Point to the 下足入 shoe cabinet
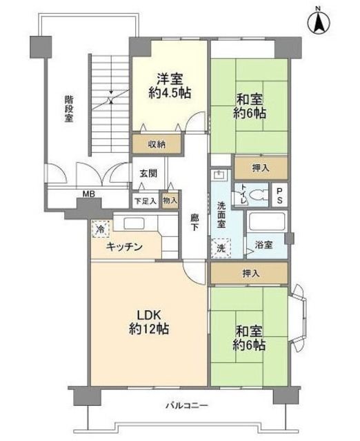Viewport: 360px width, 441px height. (x=145, y=200)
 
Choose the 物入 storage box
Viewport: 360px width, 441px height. (x=170, y=200)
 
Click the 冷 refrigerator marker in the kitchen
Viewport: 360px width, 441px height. (x=101, y=228)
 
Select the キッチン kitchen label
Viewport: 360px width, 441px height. (x=125, y=247)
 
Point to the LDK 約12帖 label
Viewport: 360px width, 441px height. (x=148, y=321)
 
